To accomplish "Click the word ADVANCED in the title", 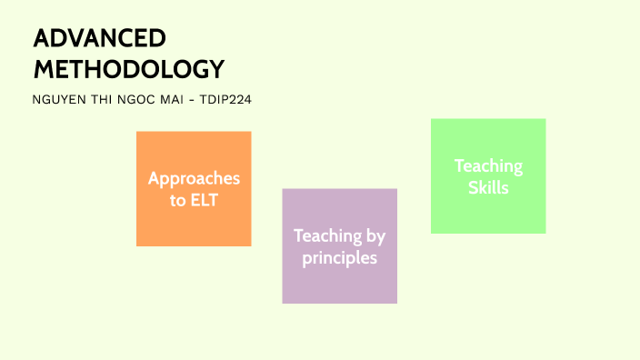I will click(100, 39).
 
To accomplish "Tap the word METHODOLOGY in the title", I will click(128, 69).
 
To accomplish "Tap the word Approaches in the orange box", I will click(194, 178).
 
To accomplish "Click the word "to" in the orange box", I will click(177, 200).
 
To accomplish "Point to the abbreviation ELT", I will click(205, 200).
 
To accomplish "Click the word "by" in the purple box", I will click(375, 236).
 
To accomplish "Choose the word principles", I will click(339, 258).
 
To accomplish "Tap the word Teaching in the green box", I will click(488, 166).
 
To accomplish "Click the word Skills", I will click(488, 188).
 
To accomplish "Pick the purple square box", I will click(339, 286).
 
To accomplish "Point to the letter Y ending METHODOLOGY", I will click(215, 69).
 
